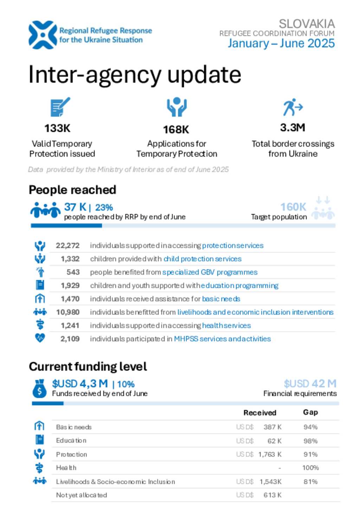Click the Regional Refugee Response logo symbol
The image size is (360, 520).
(x=43, y=35)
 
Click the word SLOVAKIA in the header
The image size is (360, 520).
(x=307, y=24)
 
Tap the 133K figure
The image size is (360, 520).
(x=57, y=128)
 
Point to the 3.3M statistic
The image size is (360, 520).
(x=292, y=127)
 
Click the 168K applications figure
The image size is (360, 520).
(x=176, y=129)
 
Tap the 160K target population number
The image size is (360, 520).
(x=293, y=207)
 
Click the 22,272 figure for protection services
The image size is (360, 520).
(x=67, y=245)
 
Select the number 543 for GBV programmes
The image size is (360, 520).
(x=73, y=272)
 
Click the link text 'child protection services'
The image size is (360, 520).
(x=202, y=259)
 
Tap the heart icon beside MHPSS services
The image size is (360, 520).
(x=40, y=338)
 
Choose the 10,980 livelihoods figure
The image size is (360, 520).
(x=68, y=312)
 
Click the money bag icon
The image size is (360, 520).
(x=39, y=388)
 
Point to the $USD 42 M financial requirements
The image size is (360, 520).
(x=310, y=383)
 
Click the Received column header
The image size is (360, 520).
(x=260, y=413)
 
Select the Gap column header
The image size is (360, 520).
(x=310, y=412)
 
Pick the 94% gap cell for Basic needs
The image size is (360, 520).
(x=310, y=427)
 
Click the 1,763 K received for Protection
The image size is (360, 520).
(x=270, y=454)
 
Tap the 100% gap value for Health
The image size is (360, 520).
(x=310, y=468)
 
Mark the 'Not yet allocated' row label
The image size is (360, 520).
(x=82, y=495)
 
